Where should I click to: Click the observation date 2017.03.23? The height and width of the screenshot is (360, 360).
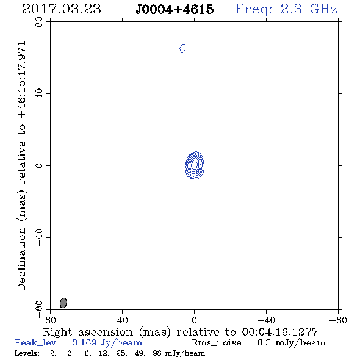click(62, 9)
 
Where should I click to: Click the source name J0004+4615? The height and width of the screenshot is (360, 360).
click(175, 10)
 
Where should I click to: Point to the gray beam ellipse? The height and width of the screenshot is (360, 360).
click(63, 303)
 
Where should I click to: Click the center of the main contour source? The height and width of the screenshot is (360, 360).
click(195, 165)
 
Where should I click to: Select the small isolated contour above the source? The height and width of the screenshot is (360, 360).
click(182, 48)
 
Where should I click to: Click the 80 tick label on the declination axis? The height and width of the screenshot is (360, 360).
click(39, 22)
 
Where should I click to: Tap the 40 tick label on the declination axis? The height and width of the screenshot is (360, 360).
click(39, 94)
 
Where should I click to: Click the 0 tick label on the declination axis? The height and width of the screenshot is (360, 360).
click(39, 165)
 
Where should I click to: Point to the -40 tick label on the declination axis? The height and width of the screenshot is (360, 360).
click(39, 237)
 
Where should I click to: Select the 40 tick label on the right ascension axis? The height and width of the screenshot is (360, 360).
click(122, 320)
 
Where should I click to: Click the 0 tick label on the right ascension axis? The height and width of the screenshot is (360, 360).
click(194, 320)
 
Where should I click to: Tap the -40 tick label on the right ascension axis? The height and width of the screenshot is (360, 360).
click(266, 320)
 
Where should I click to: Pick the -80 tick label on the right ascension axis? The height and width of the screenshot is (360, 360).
click(338, 320)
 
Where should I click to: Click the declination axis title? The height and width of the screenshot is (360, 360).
click(22, 166)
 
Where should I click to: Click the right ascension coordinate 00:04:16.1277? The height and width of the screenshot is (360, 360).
click(280, 332)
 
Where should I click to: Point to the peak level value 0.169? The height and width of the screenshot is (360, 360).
click(84, 342)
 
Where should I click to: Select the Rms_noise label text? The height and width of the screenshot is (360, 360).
click(220, 343)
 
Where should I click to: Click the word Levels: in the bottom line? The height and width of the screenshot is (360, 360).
click(27, 353)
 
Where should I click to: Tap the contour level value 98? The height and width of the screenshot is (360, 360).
click(157, 353)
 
